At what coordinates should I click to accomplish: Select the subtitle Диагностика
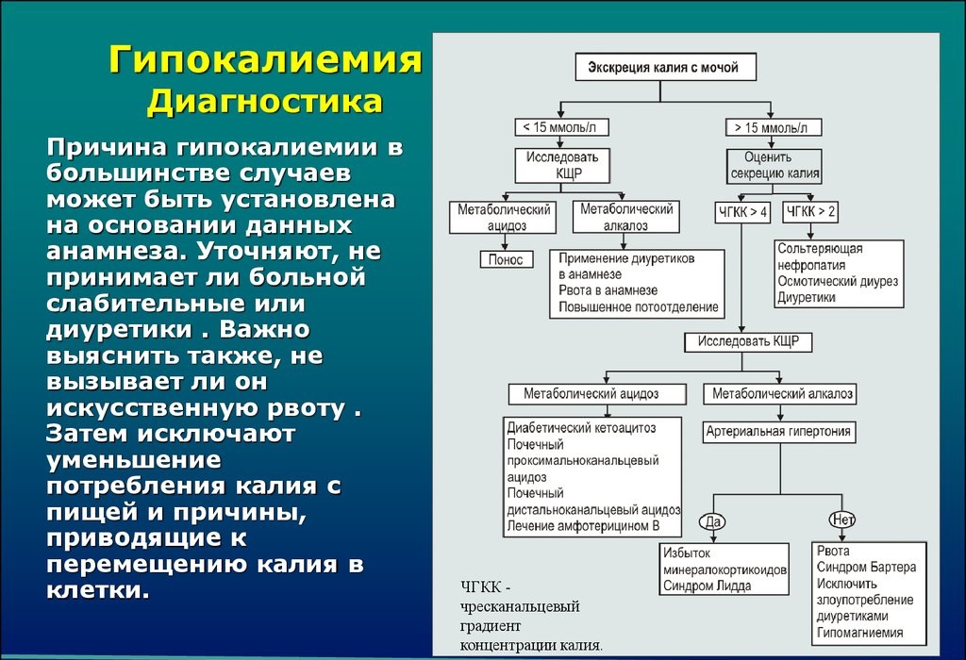(x=264, y=101)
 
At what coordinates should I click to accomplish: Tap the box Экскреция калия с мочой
(x=670, y=68)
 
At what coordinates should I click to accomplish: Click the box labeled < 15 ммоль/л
(x=562, y=127)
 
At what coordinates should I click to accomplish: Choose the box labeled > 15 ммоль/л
(x=774, y=127)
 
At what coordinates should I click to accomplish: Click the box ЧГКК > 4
(x=742, y=213)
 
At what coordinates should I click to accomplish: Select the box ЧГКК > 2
(x=810, y=212)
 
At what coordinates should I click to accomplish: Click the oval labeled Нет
(x=841, y=520)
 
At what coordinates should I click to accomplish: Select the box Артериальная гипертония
(x=779, y=432)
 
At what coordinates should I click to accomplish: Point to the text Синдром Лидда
(x=708, y=586)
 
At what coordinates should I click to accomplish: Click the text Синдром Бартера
(x=866, y=568)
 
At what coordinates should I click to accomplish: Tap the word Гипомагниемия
(x=860, y=633)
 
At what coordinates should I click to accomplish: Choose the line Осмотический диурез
(x=838, y=281)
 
